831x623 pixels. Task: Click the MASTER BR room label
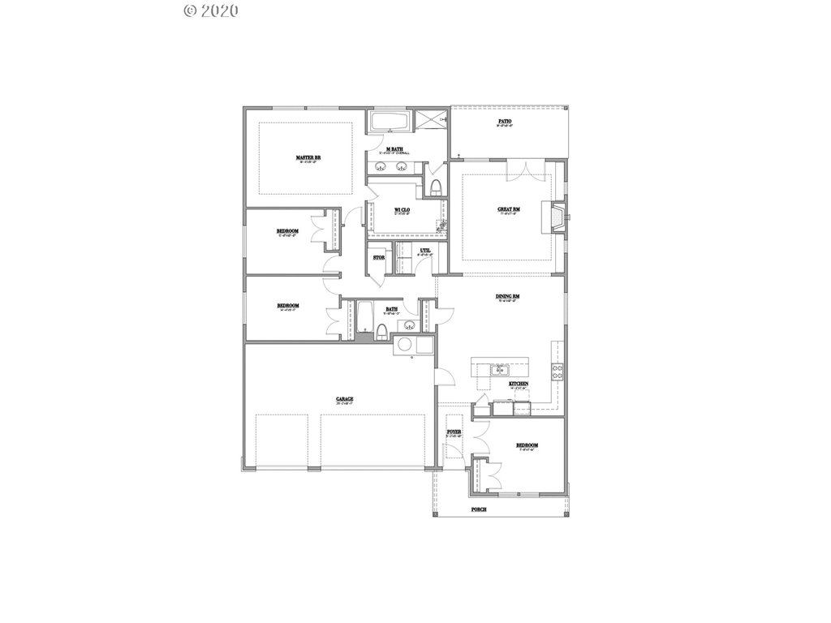[305, 157]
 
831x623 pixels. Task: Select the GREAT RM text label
[509, 209]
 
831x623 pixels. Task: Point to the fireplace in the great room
[558, 217]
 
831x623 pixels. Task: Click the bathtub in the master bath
[391, 123]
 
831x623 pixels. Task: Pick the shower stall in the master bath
[433, 122]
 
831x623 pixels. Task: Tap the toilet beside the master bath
[437, 188]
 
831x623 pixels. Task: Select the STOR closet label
[378, 258]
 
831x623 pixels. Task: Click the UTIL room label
[425, 251]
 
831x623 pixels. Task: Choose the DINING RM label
[508, 297]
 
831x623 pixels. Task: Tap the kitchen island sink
[500, 369]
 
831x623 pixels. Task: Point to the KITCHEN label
[519, 384]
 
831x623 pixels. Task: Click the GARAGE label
[345, 399]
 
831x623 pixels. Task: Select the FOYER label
[454, 432]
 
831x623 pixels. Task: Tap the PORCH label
[479, 509]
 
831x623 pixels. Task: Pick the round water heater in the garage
[403, 346]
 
